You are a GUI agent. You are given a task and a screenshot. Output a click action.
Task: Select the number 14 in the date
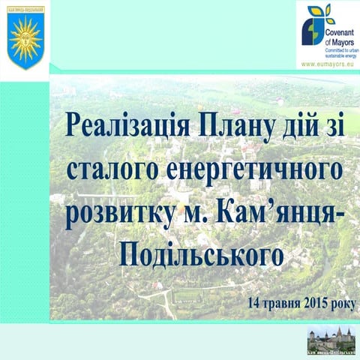pos(255,304)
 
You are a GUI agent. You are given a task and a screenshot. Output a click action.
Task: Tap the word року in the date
pos(346,304)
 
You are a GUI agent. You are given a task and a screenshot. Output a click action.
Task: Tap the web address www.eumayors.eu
pos(327,65)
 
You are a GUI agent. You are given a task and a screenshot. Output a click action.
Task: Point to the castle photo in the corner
pos(331,342)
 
